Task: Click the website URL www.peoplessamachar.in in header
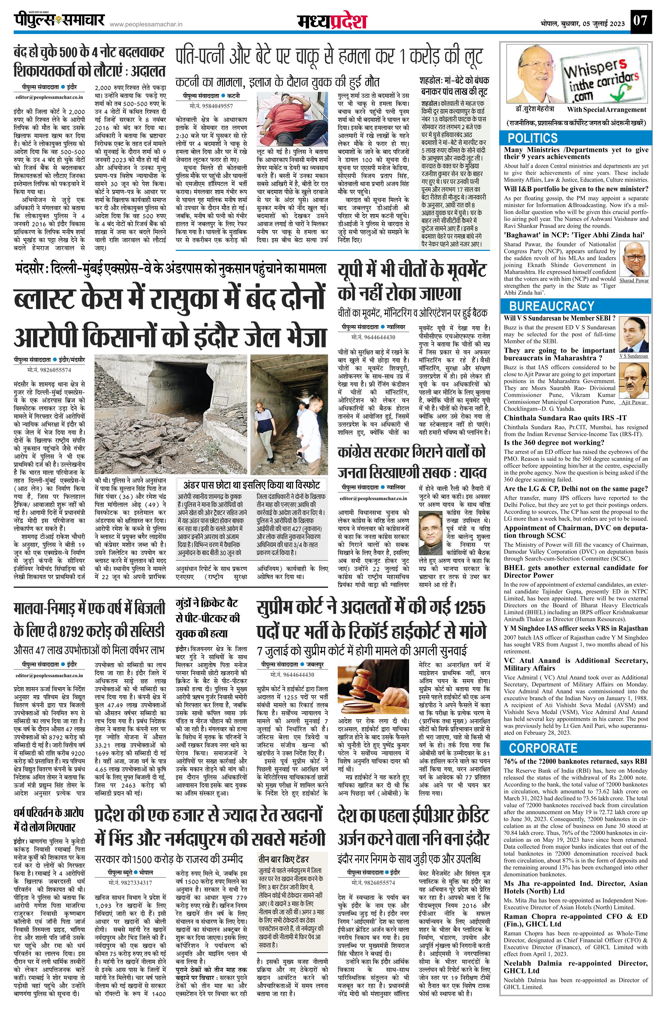[x=146, y=25]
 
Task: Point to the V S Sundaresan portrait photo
[x=633, y=335]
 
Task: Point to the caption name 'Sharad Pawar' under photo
[x=634, y=281]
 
